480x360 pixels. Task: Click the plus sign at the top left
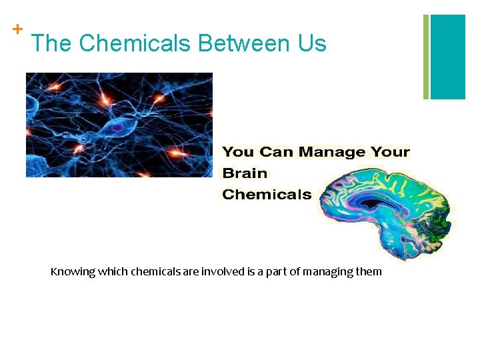[17, 29]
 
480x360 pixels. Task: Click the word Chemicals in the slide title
[135, 44]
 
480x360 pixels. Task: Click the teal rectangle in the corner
[447, 57]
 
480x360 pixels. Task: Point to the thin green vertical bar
[426, 57]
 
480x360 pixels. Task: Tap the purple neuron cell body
[117, 126]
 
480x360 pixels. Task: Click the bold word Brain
[245, 173]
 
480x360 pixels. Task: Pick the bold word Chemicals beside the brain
[267, 195]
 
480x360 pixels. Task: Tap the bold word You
[238, 152]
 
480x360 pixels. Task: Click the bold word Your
[390, 152]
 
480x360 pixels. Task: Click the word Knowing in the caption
[73, 271]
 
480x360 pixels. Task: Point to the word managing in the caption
[326, 272]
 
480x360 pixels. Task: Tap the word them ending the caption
[369, 271]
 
